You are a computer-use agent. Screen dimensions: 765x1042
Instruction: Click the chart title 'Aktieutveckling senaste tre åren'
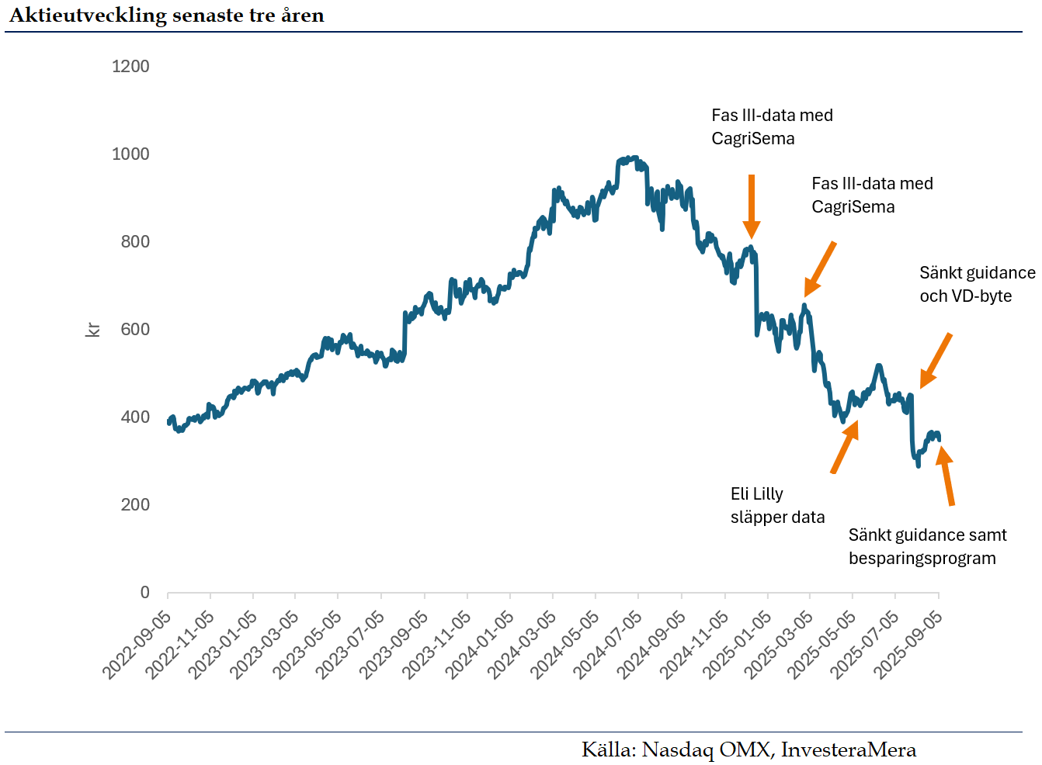(166, 16)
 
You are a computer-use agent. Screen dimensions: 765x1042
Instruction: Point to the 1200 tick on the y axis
(130, 67)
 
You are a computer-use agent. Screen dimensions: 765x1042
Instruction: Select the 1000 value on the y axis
(130, 154)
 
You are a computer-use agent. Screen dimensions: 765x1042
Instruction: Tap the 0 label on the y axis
(144, 593)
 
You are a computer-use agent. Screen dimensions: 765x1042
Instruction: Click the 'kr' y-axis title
(92, 330)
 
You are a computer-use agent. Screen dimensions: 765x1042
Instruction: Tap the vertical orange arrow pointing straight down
(751, 206)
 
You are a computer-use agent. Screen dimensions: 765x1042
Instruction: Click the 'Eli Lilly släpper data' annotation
(777, 506)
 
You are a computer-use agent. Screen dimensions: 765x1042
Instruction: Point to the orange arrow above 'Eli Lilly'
(845, 446)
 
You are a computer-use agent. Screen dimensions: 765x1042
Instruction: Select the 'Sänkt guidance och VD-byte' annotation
(977, 285)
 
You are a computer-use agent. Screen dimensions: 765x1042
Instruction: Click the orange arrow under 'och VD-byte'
(936, 361)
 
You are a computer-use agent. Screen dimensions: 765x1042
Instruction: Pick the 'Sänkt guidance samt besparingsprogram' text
(927, 547)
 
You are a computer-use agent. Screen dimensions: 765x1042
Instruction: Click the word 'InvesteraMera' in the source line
(848, 750)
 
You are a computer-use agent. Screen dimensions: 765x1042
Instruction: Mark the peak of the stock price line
(634, 158)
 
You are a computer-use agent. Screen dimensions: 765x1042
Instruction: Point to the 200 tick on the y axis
(135, 505)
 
